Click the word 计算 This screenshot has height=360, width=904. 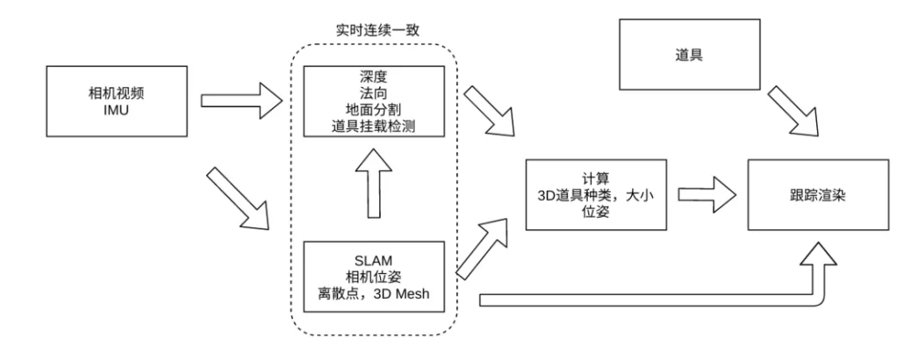pyautogui.click(x=596, y=178)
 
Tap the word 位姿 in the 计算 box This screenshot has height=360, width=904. pyautogui.click(x=596, y=212)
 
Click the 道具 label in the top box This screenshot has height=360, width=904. pyautogui.click(x=690, y=54)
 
